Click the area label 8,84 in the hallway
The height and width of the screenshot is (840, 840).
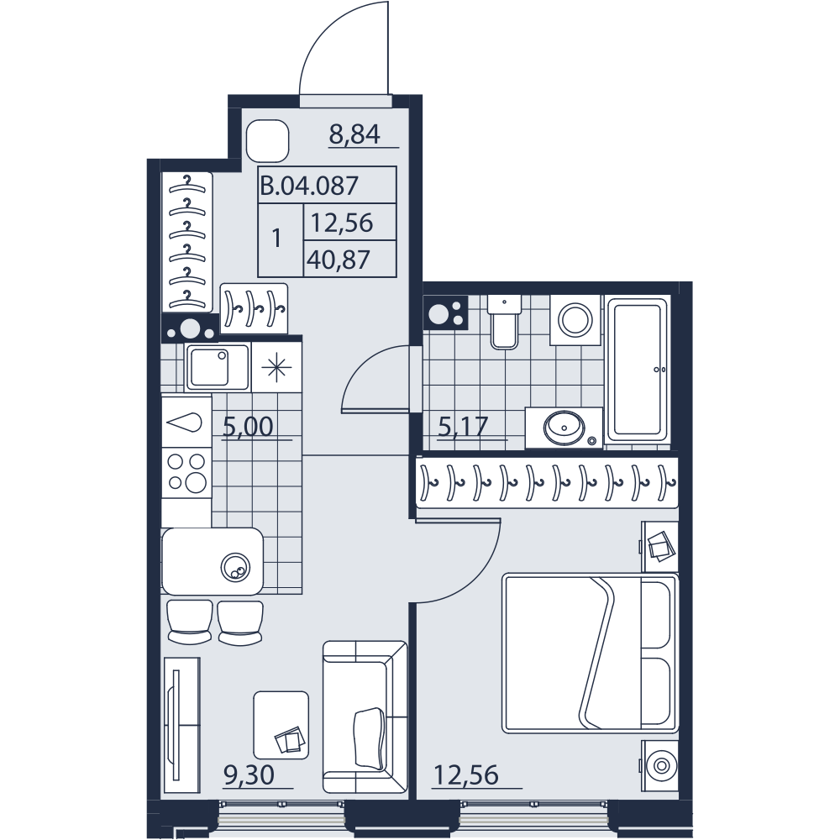(x=354, y=134)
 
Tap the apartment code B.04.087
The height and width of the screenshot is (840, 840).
(x=309, y=186)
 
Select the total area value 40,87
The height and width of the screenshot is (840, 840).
(x=339, y=260)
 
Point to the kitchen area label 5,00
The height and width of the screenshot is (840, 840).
(x=248, y=427)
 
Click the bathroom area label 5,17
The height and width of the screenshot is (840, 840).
(x=463, y=427)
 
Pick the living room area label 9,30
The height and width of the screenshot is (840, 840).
(x=249, y=775)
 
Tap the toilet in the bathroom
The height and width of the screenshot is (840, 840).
(x=503, y=322)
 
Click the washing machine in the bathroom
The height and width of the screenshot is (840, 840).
(x=576, y=320)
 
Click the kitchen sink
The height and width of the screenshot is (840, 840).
(x=217, y=367)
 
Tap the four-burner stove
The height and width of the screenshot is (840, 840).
(x=187, y=472)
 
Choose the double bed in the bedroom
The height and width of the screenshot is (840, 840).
(x=591, y=654)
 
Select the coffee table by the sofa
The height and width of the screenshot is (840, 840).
(x=281, y=725)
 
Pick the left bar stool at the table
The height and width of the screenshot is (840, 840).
(x=190, y=622)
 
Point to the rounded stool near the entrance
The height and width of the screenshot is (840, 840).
(x=268, y=141)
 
